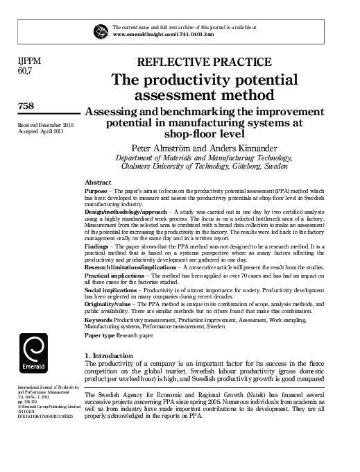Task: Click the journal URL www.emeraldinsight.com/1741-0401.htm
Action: tap(163, 33)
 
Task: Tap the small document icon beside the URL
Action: tap(102, 30)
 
